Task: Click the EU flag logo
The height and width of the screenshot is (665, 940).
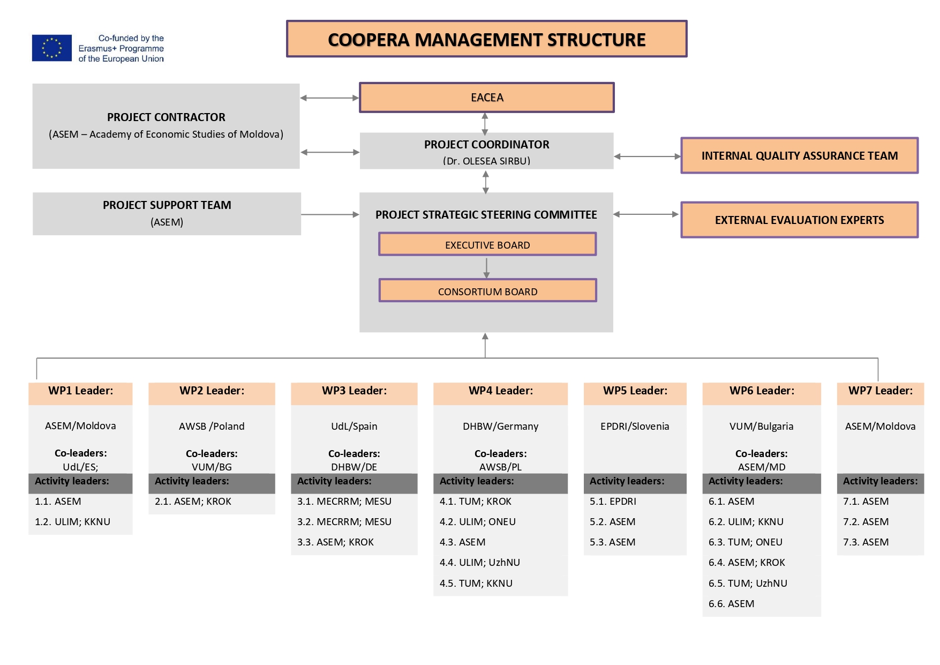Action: pyautogui.click(x=52, y=48)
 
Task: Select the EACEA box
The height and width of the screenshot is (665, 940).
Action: pyautogui.click(x=487, y=98)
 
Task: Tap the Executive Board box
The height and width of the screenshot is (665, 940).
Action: pyautogui.click(x=487, y=244)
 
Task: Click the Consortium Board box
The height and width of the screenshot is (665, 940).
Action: pyautogui.click(x=487, y=290)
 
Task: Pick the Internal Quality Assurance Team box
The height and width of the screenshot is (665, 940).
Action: pyautogui.click(x=800, y=155)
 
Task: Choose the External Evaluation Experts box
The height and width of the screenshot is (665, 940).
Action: pyautogui.click(x=800, y=220)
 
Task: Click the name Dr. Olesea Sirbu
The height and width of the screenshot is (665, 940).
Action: pyautogui.click(x=487, y=161)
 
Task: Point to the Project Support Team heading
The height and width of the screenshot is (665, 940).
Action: pyautogui.click(x=167, y=205)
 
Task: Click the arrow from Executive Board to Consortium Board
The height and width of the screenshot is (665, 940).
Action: pyautogui.click(x=486, y=268)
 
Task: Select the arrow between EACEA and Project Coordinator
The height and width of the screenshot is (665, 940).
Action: pyautogui.click(x=485, y=123)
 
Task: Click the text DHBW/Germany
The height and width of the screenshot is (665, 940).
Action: pyautogui.click(x=501, y=427)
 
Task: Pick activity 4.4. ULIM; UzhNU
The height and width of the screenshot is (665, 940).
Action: pyautogui.click(x=480, y=563)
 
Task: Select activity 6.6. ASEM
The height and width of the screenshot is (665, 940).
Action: pyautogui.click(x=732, y=604)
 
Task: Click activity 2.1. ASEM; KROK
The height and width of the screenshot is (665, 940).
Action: pyautogui.click(x=193, y=502)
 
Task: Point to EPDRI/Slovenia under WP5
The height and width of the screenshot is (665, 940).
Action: pyautogui.click(x=635, y=427)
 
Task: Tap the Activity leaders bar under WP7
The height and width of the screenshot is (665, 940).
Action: pyautogui.click(x=881, y=483)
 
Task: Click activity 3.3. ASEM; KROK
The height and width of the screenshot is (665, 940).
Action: pyautogui.click(x=336, y=542)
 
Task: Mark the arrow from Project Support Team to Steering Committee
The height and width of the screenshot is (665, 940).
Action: pyautogui.click(x=330, y=214)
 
